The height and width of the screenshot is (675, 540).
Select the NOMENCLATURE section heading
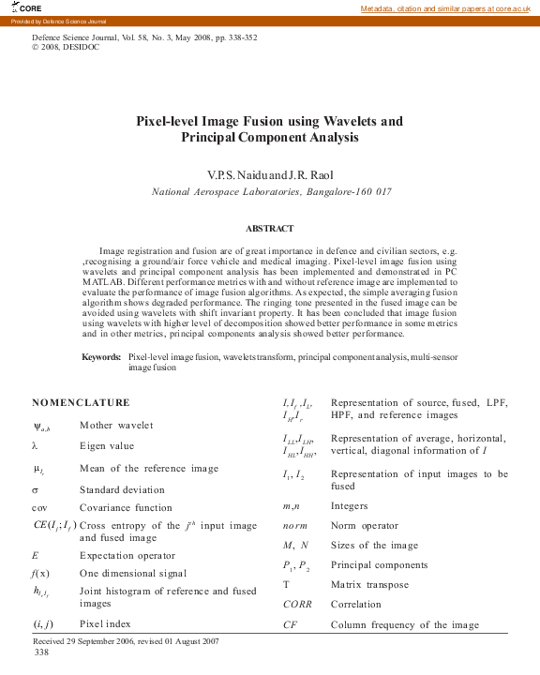[x=81, y=402]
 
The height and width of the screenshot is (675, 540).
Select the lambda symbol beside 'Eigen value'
[x=35, y=446]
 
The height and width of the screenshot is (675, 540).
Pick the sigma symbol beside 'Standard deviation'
[x=35, y=489]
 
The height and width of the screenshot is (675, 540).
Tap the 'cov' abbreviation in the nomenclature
[x=39, y=508]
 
